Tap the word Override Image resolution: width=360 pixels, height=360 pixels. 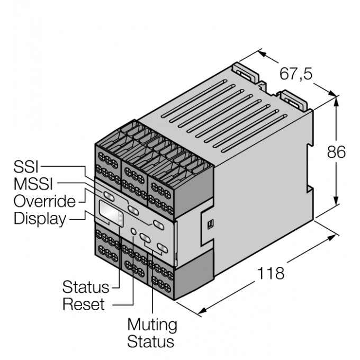(44, 201)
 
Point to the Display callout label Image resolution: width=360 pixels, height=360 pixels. (40, 218)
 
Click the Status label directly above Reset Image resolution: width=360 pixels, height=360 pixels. (85, 288)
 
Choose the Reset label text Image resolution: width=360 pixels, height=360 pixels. (83, 304)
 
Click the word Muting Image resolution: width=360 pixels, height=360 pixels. (152, 324)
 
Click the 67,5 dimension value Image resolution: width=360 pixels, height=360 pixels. (296, 74)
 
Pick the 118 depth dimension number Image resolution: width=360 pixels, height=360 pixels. (271, 274)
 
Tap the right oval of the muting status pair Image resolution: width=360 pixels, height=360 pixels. (161, 247)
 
